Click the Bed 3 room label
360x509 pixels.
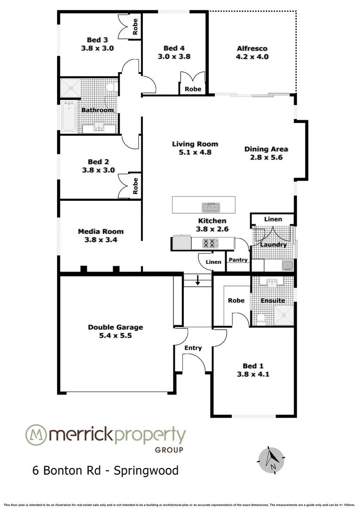tap(98, 40)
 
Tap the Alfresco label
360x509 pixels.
tap(252, 48)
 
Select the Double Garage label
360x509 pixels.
tap(115, 327)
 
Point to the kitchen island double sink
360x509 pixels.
tap(211, 207)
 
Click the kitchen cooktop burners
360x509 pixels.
tap(210, 243)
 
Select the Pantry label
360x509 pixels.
tap(238, 260)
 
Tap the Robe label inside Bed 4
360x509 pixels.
tap(193, 89)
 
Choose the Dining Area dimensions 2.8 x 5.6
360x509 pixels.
tap(266, 157)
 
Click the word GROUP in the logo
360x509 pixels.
tap(169, 450)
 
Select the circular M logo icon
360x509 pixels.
tap(36, 435)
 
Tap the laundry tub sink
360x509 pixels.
tap(287, 265)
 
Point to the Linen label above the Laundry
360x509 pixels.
tap(273, 219)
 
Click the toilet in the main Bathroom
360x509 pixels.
tap(111, 88)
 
